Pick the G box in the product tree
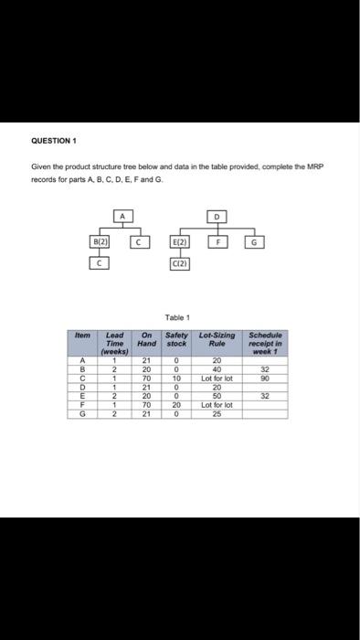coord(257,243)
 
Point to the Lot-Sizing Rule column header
coord(217,339)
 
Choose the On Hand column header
coord(146,339)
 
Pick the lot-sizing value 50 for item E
coord(217,394)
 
